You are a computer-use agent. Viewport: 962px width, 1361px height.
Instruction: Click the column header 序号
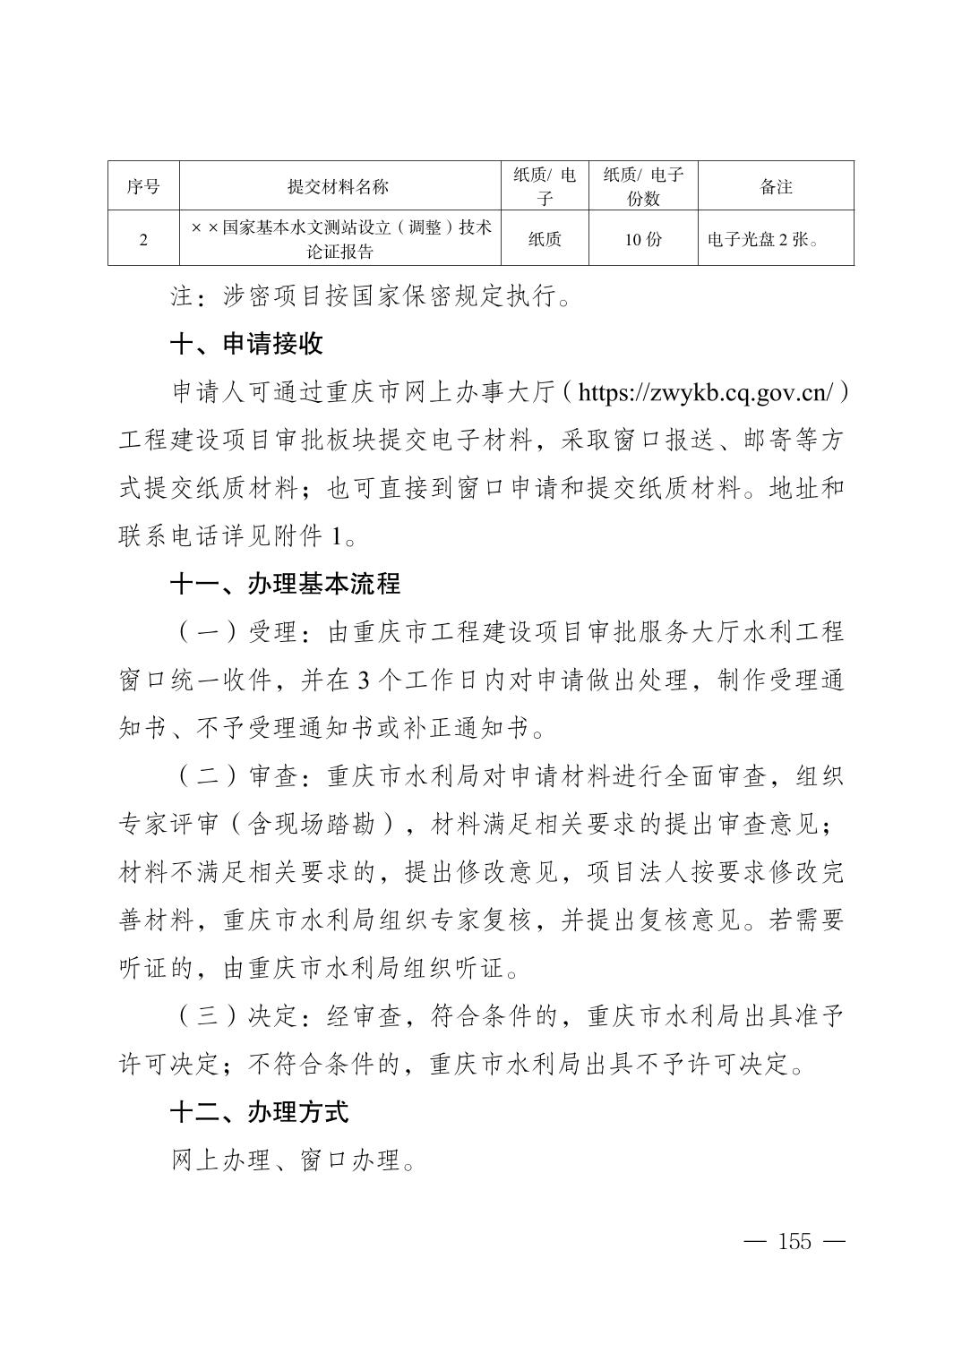[x=143, y=186]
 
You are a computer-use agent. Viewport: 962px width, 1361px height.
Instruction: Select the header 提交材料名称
[x=339, y=186]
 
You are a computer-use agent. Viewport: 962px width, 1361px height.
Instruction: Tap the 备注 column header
[x=776, y=186]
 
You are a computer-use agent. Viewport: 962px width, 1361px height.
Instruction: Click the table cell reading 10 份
[x=643, y=239]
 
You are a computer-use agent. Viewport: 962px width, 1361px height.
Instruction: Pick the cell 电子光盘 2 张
[x=763, y=239]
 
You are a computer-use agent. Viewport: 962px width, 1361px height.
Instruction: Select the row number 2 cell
[x=143, y=239]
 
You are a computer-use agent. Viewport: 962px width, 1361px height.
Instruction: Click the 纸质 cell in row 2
[x=545, y=239]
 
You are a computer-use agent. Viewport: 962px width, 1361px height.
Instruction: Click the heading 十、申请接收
[x=246, y=344]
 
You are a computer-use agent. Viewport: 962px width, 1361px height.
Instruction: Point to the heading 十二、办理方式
[x=259, y=1112]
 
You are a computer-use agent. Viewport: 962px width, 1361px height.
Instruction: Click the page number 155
[x=795, y=1242]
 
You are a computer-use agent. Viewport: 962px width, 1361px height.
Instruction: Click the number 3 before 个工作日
[x=363, y=680]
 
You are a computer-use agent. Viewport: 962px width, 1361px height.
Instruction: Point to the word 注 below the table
[x=182, y=296]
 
